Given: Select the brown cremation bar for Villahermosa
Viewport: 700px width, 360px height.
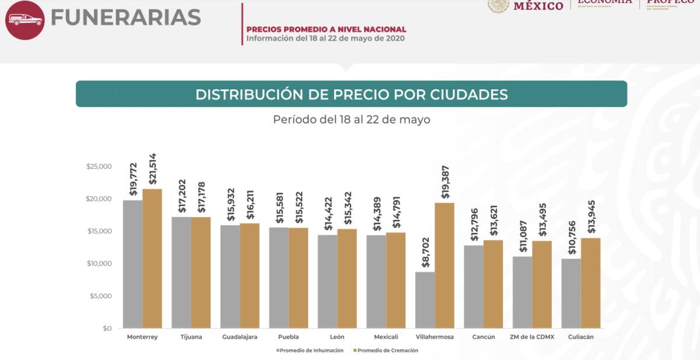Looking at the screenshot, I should pyautogui.click(x=444, y=265).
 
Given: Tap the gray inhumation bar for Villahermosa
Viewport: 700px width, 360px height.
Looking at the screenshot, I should pyautogui.click(x=425, y=300).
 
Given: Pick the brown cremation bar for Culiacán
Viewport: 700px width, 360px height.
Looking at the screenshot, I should pyautogui.click(x=590, y=283).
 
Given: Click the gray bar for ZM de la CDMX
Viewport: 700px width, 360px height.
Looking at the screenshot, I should pyautogui.click(x=522, y=292).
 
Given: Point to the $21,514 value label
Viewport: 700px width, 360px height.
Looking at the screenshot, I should pyautogui.click(x=153, y=169).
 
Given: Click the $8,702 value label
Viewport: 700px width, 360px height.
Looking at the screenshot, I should pyautogui.click(x=425, y=253).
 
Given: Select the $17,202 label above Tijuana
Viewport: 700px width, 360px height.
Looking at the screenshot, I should pyautogui.click(x=181, y=196).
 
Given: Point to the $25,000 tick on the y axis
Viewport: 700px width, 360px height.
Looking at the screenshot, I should pyautogui.click(x=99, y=167).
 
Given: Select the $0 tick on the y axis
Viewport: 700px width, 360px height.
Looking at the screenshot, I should pyautogui.click(x=106, y=328).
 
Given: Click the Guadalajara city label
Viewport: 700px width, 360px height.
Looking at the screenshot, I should pyautogui.click(x=240, y=337).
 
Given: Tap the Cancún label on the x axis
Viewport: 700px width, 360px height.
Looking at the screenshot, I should pyautogui.click(x=484, y=337).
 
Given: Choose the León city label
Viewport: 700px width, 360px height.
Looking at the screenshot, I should pyautogui.click(x=337, y=337).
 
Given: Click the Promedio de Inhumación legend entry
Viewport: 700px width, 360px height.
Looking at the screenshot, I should pyautogui.click(x=310, y=351).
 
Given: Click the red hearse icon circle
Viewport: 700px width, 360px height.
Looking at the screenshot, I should pyautogui.click(x=25, y=20).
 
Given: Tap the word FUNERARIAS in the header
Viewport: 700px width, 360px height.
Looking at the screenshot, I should pyautogui.click(x=125, y=18).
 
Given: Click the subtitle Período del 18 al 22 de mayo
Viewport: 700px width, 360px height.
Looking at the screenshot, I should pyautogui.click(x=351, y=120).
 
